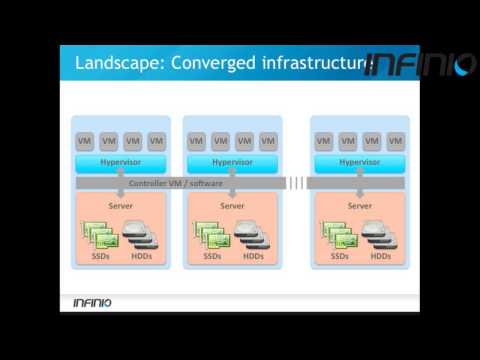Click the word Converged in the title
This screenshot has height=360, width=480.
pyautogui.click(x=216, y=64)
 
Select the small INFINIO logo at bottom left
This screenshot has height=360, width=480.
pyautogui.click(x=93, y=303)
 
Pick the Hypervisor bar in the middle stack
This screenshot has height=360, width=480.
pyautogui.click(x=232, y=161)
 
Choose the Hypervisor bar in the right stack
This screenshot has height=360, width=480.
pyautogui.click(x=360, y=161)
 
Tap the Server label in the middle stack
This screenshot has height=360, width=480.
pyautogui.click(x=232, y=206)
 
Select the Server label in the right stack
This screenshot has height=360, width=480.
pyautogui.click(x=360, y=206)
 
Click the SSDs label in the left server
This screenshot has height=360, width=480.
pyautogui.click(x=100, y=256)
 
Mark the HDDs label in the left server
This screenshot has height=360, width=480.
pyautogui.click(x=142, y=256)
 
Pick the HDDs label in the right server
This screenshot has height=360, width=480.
pyautogui.click(x=381, y=256)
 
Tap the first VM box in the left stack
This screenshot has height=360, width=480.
pyautogui.click(x=88, y=141)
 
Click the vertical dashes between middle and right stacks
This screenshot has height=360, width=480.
pyautogui.click(x=296, y=183)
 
